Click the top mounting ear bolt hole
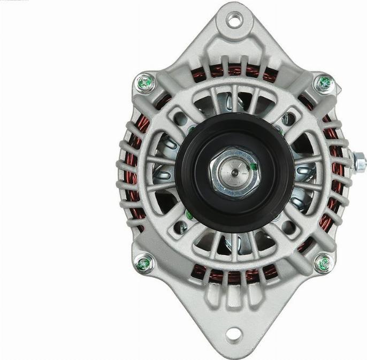[234, 20]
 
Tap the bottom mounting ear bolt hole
[233, 335]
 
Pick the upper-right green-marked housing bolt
[324, 83]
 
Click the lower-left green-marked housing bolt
[143, 264]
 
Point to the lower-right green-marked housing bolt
[323, 264]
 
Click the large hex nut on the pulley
[235, 173]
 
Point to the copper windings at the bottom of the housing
[234, 276]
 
